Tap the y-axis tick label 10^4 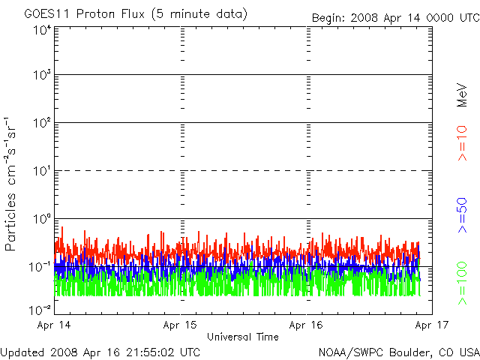coord(41,31)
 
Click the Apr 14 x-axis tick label coord(54,326)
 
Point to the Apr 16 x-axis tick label coord(307,326)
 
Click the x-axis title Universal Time coord(242,337)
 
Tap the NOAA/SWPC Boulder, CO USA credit coord(398,352)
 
